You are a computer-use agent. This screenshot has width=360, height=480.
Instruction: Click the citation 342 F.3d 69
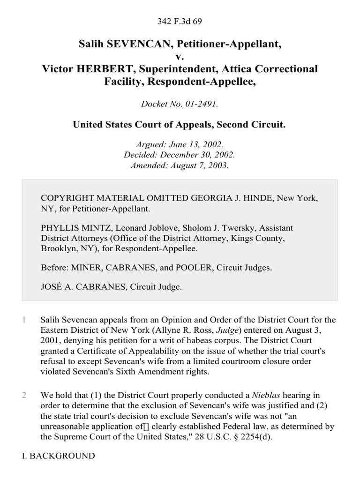[180, 21]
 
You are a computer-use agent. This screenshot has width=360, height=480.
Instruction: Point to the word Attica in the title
[225, 69]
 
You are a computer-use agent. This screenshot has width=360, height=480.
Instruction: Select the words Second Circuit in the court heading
[252, 125]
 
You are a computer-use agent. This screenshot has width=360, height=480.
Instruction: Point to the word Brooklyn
[58, 248]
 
